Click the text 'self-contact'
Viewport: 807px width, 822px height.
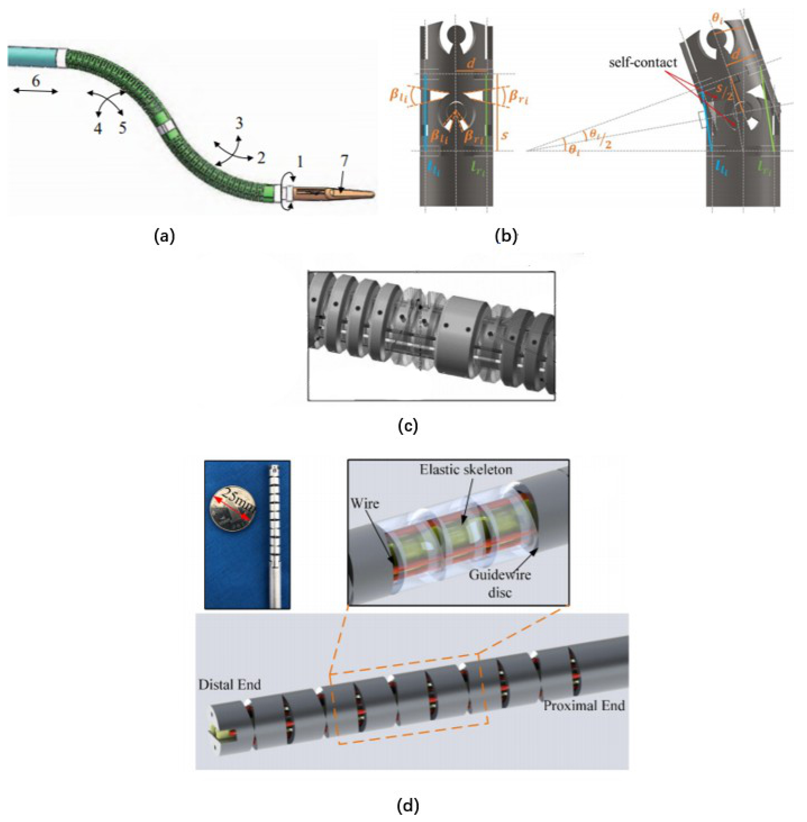tap(643, 63)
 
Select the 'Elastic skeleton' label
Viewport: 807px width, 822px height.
tap(466, 470)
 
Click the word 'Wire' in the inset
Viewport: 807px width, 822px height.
tap(364, 503)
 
